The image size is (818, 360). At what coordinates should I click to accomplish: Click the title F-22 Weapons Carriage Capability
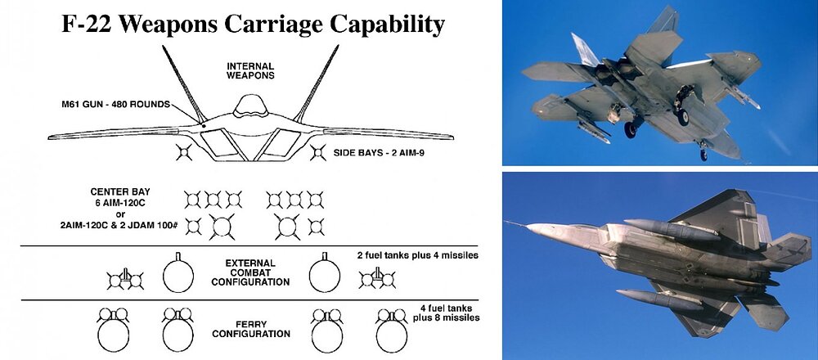253,24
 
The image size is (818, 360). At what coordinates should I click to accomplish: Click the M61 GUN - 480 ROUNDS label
116,105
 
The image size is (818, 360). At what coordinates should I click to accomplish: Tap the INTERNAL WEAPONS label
250,71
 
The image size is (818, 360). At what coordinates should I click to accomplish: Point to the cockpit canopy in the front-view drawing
250,106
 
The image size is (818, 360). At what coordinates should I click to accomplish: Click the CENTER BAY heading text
120,191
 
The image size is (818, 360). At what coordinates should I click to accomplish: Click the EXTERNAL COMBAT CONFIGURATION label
250,273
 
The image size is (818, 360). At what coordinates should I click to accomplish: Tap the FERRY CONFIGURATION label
250,329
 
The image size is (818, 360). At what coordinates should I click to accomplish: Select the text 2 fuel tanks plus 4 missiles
418,255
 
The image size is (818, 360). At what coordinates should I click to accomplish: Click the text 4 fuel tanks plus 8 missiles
447,313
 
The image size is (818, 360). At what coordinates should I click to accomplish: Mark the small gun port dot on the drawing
204,126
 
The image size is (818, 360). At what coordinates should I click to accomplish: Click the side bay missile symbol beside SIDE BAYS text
317,153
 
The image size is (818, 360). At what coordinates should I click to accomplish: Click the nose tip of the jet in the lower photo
528,227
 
